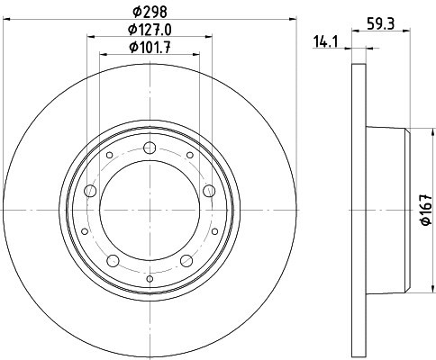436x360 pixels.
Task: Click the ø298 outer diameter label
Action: coord(150,12)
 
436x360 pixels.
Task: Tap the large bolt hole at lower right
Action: coord(187,260)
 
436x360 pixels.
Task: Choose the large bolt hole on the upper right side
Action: coord(210,190)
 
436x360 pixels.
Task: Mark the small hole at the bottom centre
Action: coord(150,278)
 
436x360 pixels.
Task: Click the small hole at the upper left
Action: coord(110,156)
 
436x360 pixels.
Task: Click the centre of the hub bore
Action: coord(150,209)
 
